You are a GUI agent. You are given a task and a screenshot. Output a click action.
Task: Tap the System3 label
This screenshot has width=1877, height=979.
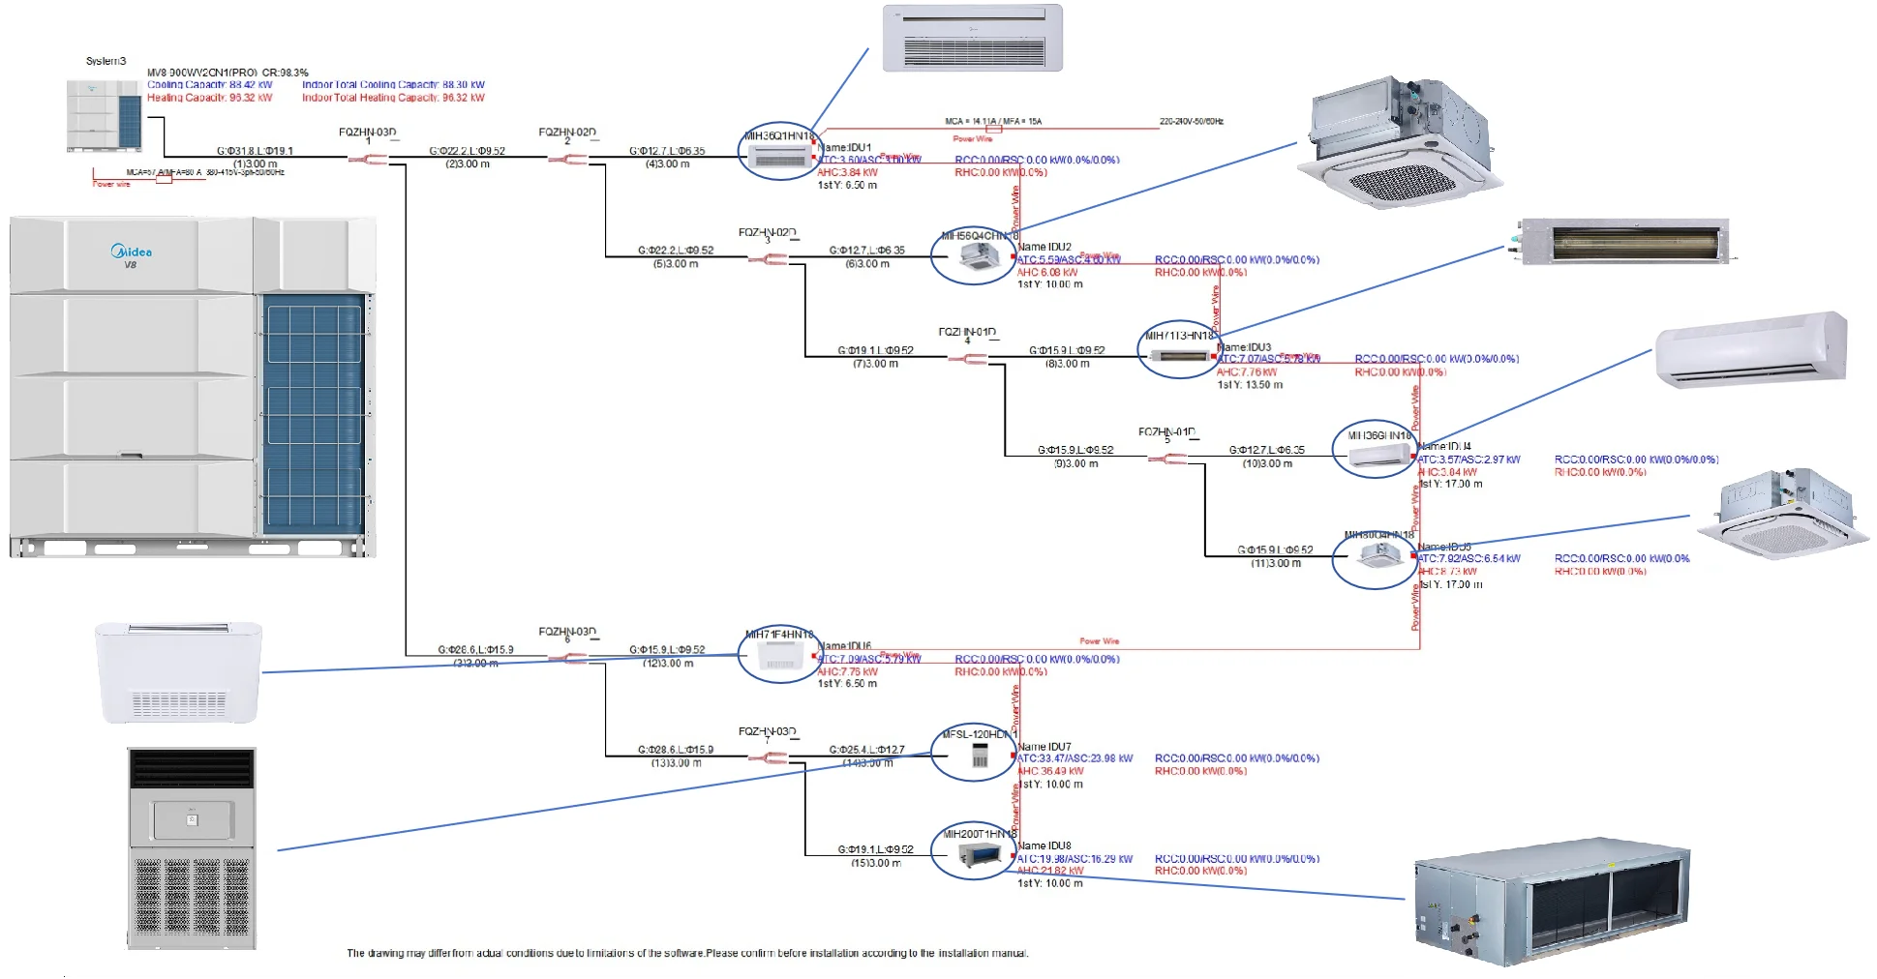[x=106, y=61]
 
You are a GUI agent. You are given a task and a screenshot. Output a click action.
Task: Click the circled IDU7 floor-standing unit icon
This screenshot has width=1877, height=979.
[x=974, y=755]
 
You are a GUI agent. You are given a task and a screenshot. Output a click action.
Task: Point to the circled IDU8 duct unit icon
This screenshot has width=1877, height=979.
[x=974, y=853]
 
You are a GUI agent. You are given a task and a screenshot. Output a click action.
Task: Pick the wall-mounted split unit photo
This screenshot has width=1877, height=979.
[x=1753, y=350]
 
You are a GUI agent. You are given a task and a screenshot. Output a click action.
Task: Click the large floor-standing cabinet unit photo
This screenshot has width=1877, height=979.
[x=193, y=847]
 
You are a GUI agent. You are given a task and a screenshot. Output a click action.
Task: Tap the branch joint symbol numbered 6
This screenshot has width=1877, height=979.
[x=574, y=658]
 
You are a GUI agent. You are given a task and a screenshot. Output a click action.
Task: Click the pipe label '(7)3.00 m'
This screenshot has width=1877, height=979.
[x=875, y=364]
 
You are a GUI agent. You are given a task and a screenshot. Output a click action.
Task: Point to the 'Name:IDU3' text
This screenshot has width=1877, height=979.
[x=1244, y=347]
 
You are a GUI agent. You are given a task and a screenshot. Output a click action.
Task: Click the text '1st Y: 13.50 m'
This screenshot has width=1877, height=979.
[x=1250, y=385]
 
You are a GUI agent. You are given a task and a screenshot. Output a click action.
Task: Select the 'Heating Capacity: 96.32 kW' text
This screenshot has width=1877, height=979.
[x=209, y=98]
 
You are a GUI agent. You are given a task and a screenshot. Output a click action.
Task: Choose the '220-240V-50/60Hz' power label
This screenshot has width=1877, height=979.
[x=1191, y=122]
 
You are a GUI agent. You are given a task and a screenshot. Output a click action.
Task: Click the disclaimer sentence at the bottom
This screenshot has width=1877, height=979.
[x=687, y=954]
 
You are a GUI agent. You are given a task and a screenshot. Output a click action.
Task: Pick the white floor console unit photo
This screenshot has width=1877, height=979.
[x=179, y=673]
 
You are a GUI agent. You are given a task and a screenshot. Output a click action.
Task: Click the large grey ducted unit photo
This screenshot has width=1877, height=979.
[x=1552, y=899]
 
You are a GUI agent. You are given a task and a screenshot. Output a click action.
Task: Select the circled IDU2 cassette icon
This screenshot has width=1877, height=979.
[x=974, y=255]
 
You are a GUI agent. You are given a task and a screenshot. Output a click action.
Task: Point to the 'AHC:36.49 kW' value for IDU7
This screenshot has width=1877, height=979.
[x=1050, y=771]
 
